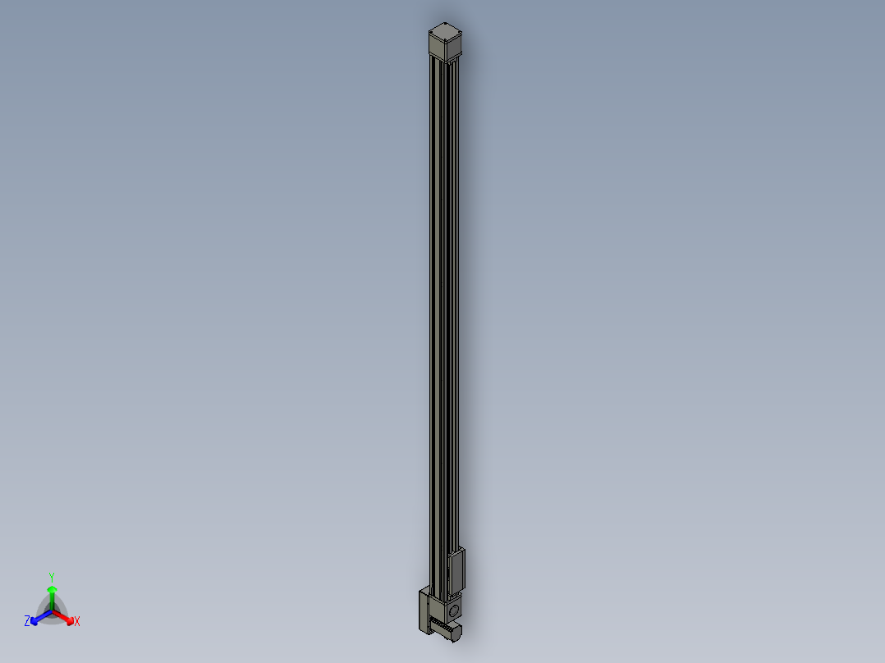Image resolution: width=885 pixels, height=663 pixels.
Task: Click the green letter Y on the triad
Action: pyautogui.click(x=51, y=577)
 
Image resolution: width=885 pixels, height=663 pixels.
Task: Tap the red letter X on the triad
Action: pyautogui.click(x=77, y=622)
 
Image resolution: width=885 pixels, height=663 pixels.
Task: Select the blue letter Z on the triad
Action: pyautogui.click(x=27, y=622)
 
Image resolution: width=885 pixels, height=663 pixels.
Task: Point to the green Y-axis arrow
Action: pyautogui.click(x=52, y=595)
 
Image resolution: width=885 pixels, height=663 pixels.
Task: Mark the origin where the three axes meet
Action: pyautogui.click(x=52, y=610)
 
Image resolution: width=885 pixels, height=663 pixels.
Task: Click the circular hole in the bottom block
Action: pyautogui.click(x=453, y=610)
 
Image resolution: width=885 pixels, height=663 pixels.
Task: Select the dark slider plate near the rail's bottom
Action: pyautogui.click(x=457, y=570)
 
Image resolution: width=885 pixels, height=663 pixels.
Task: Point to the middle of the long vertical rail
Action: pyautogui.click(x=444, y=312)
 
